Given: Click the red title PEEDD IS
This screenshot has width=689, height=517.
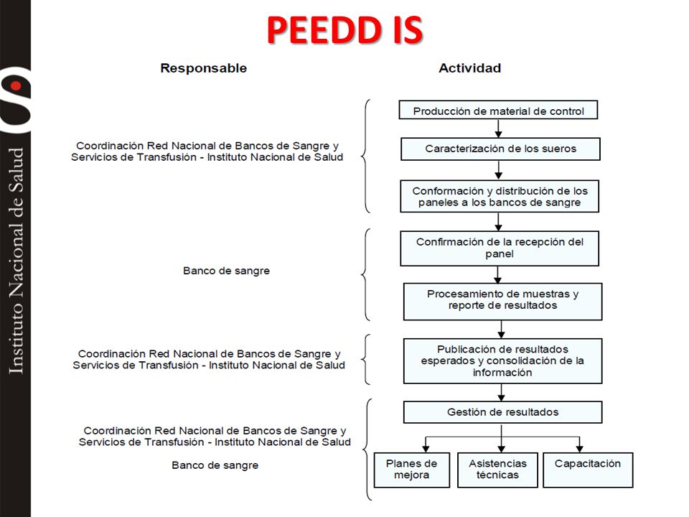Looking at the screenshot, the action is (x=345, y=30).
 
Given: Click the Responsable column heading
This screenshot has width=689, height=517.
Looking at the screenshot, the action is (x=203, y=68).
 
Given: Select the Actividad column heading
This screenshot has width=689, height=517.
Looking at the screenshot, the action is (x=469, y=68).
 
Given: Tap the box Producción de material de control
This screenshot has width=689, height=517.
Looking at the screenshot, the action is (x=498, y=110).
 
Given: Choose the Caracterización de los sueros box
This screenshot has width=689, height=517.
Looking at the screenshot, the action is (x=500, y=149).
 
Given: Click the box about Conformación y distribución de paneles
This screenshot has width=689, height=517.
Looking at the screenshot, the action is (x=500, y=197).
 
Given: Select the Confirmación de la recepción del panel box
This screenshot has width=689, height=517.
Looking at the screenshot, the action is (x=500, y=248).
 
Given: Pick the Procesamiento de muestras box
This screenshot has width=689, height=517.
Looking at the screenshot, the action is (x=502, y=302).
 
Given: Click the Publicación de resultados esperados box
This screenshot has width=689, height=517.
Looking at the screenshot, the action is (x=502, y=361).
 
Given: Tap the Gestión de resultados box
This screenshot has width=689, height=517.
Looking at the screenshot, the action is (x=502, y=412).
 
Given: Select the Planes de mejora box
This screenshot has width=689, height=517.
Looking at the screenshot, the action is (x=412, y=470).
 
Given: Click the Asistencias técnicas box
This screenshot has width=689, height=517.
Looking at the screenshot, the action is (x=497, y=470).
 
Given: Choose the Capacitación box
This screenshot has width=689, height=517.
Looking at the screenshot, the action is (x=588, y=470).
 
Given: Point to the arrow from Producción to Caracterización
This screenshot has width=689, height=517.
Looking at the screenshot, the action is (x=498, y=129).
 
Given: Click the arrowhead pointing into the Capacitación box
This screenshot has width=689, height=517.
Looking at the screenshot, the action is (x=580, y=448).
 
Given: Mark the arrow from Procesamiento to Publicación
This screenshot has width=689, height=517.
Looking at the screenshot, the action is (x=502, y=330).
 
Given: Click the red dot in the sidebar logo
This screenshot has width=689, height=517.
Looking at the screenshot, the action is (x=17, y=85).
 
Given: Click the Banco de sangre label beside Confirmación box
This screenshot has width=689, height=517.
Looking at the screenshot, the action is (x=226, y=271).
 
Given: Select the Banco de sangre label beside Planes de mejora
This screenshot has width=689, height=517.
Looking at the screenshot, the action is (x=215, y=465).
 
